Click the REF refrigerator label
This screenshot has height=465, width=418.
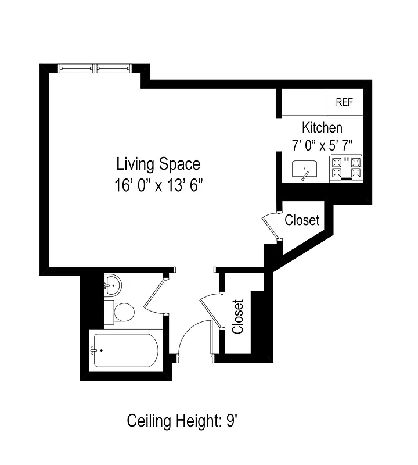[344, 102]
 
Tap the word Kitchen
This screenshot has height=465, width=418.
[322, 127]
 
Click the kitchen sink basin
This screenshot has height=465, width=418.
[304, 170]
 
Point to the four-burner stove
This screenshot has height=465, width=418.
[346, 168]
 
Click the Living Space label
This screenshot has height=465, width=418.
[158, 164]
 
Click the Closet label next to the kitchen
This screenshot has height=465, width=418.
[301, 221]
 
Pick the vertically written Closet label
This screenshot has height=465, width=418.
[237, 316]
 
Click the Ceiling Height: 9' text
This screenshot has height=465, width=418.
[183, 420]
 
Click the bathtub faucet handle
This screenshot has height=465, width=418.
[93, 350]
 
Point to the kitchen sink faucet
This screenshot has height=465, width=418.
[305, 176]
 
